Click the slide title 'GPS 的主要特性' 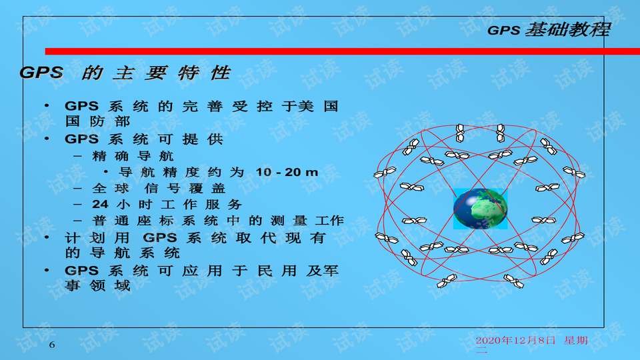click(x=125, y=73)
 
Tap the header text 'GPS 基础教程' click(x=549, y=29)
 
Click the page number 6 click(x=52, y=345)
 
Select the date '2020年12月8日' click(x=515, y=341)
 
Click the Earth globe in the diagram click(x=481, y=209)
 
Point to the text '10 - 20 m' click(x=287, y=172)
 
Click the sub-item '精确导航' click(x=133, y=156)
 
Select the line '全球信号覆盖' click(x=159, y=188)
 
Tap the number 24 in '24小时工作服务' click(x=100, y=204)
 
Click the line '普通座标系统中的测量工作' click(x=219, y=221)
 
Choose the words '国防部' click(x=97, y=121)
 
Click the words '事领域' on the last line click(x=97, y=285)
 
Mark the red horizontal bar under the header click(x=343, y=51)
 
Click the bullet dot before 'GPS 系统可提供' click(x=47, y=139)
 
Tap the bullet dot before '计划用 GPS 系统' click(x=47, y=237)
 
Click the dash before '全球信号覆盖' click(x=77, y=188)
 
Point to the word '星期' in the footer click(x=576, y=341)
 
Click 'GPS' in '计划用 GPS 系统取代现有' click(x=159, y=237)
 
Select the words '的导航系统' click(x=123, y=253)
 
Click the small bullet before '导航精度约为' click(x=106, y=172)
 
